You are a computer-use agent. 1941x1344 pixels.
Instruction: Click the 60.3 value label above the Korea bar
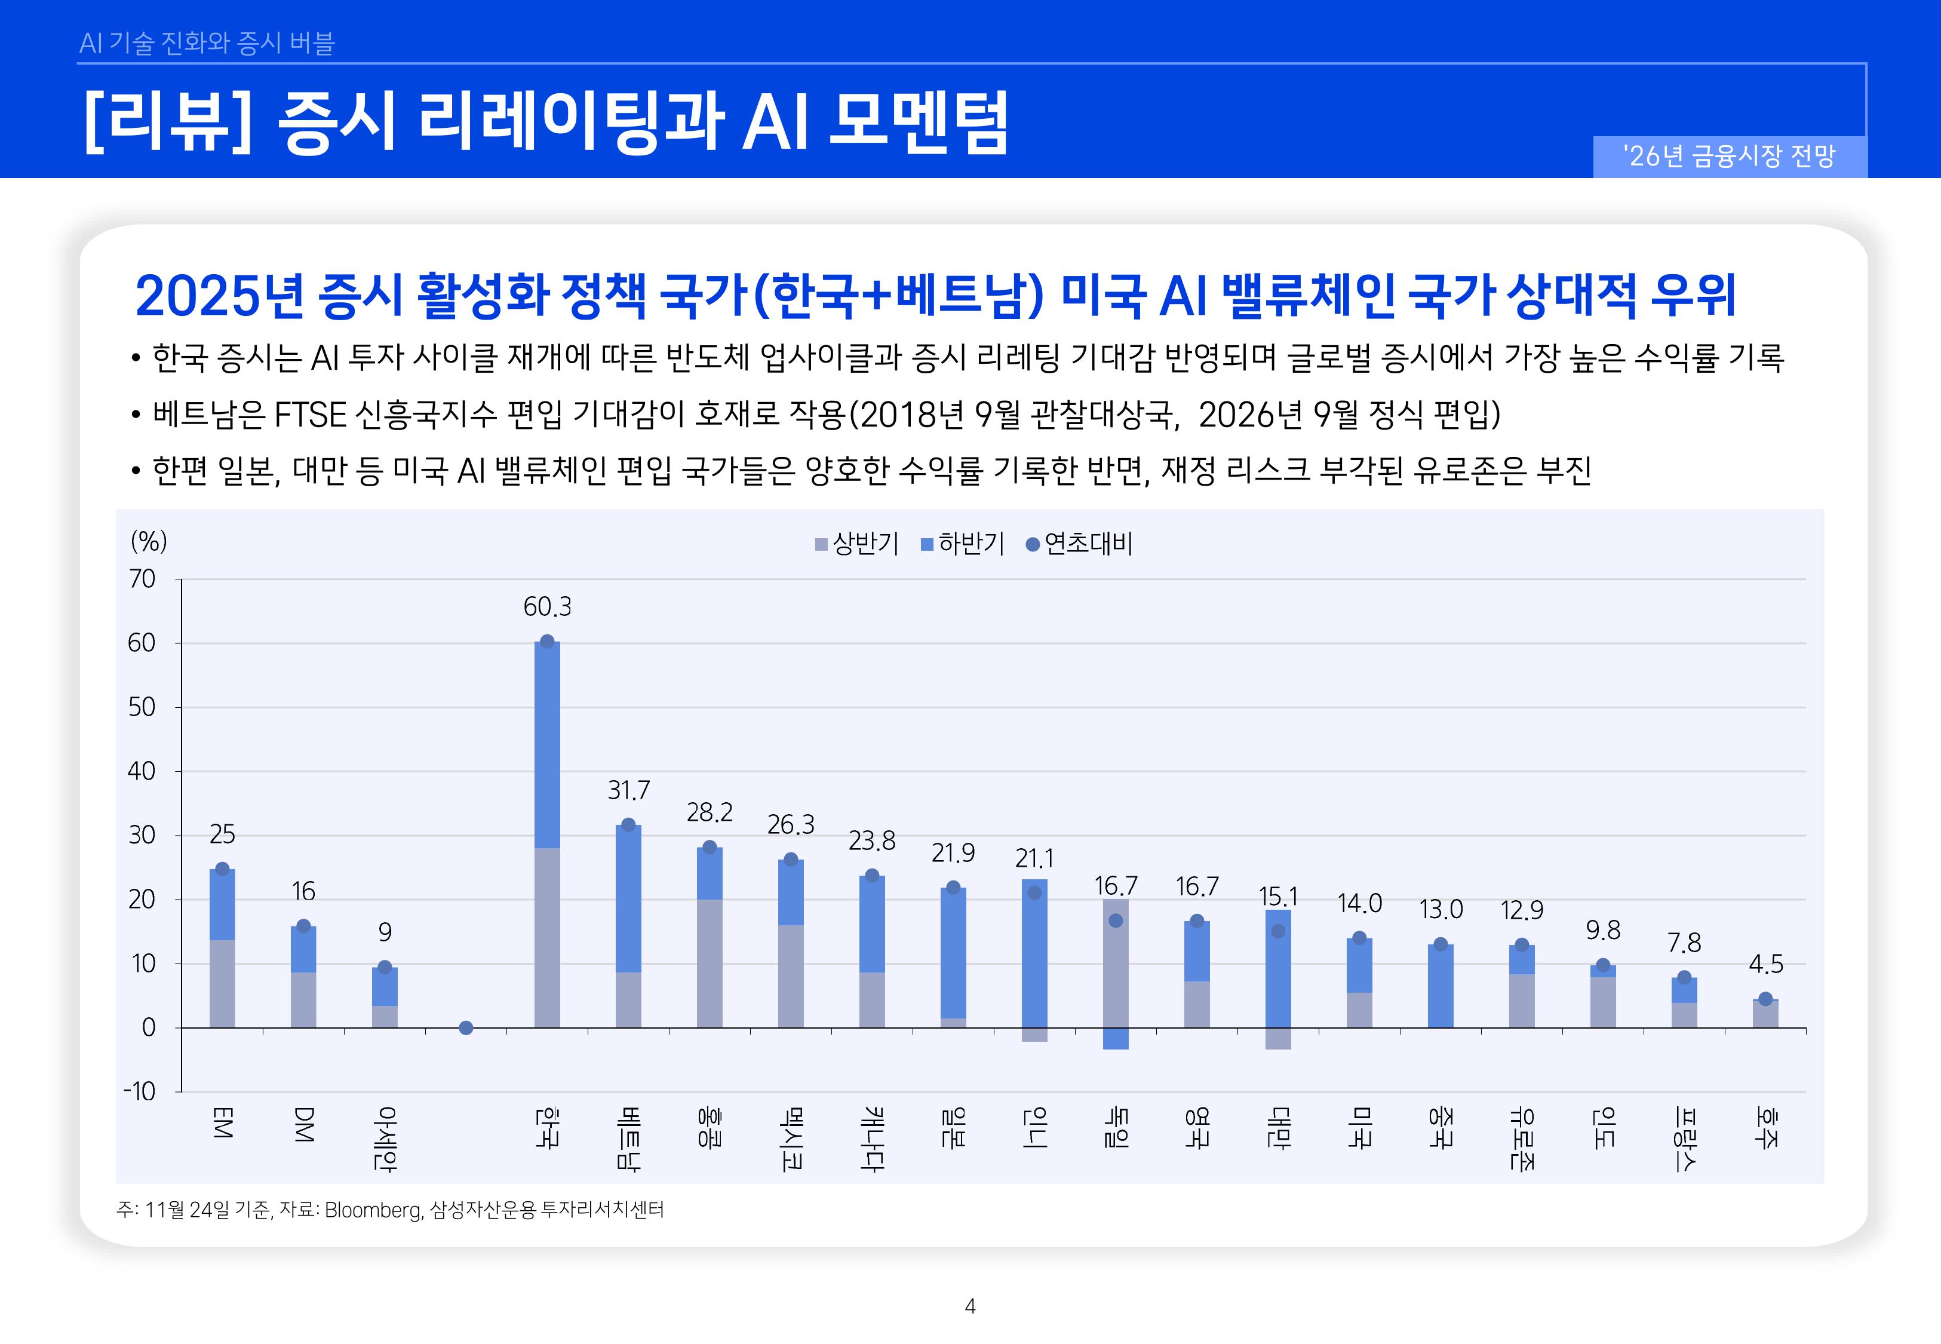547,606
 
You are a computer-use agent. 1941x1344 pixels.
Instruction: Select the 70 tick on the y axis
142,579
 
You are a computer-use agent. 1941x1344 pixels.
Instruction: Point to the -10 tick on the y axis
140,1092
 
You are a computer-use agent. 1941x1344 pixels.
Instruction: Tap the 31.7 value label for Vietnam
629,790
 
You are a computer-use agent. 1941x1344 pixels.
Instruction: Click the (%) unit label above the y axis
149,541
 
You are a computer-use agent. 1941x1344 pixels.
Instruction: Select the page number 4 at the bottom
970,1306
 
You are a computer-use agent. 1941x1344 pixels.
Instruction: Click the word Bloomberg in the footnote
372,1210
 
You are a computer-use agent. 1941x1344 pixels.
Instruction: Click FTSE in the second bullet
311,415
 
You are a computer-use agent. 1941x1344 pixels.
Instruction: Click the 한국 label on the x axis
547,1128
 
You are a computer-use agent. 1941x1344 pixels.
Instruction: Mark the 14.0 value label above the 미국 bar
1359,904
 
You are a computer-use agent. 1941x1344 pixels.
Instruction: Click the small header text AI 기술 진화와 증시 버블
207,43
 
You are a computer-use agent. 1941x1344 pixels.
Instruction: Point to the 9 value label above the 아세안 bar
385,932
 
